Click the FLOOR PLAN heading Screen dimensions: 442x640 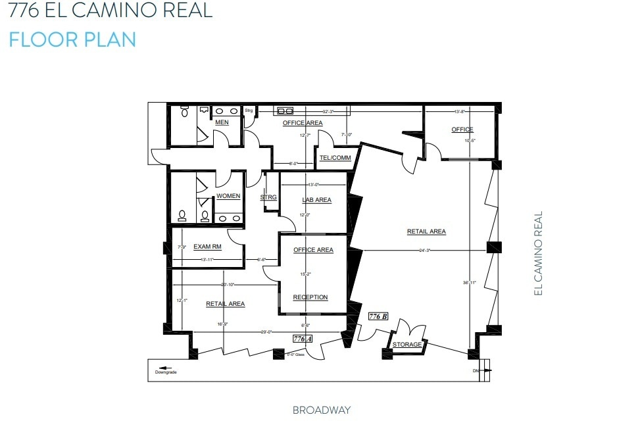point(72,39)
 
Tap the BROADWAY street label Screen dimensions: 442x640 point(322,410)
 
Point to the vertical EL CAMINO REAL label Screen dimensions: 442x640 point(538,253)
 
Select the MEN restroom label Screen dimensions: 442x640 point(222,122)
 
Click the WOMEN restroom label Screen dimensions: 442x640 point(228,196)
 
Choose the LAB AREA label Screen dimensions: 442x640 point(316,200)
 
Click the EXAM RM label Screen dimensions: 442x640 point(207,247)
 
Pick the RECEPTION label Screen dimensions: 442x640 point(310,297)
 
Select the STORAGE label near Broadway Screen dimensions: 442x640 point(407,345)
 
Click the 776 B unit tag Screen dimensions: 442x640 point(378,316)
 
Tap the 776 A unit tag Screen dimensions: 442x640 point(303,338)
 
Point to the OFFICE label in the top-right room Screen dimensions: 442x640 point(462,130)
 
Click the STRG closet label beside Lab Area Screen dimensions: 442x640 point(268,197)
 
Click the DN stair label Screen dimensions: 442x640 point(476,370)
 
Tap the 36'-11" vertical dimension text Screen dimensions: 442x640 point(468,283)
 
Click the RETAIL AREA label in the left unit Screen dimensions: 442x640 point(226,304)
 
